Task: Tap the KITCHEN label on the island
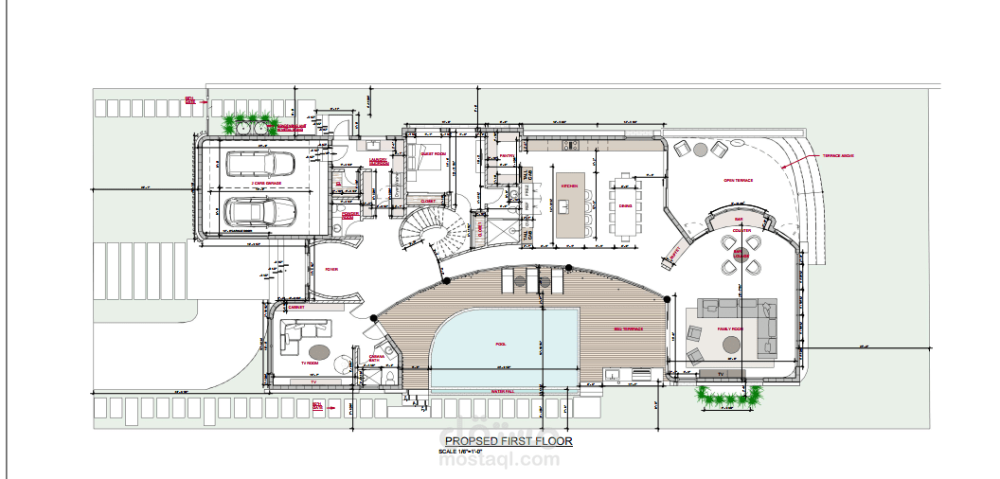(569, 186)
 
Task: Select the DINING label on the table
(625, 205)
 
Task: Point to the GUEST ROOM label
(434, 152)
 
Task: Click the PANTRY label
(507, 156)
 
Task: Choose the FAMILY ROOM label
(729, 329)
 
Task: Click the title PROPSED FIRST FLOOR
(509, 441)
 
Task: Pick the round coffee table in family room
(731, 346)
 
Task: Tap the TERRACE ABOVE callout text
(839, 156)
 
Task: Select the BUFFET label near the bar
(675, 253)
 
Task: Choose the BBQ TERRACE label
(629, 329)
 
